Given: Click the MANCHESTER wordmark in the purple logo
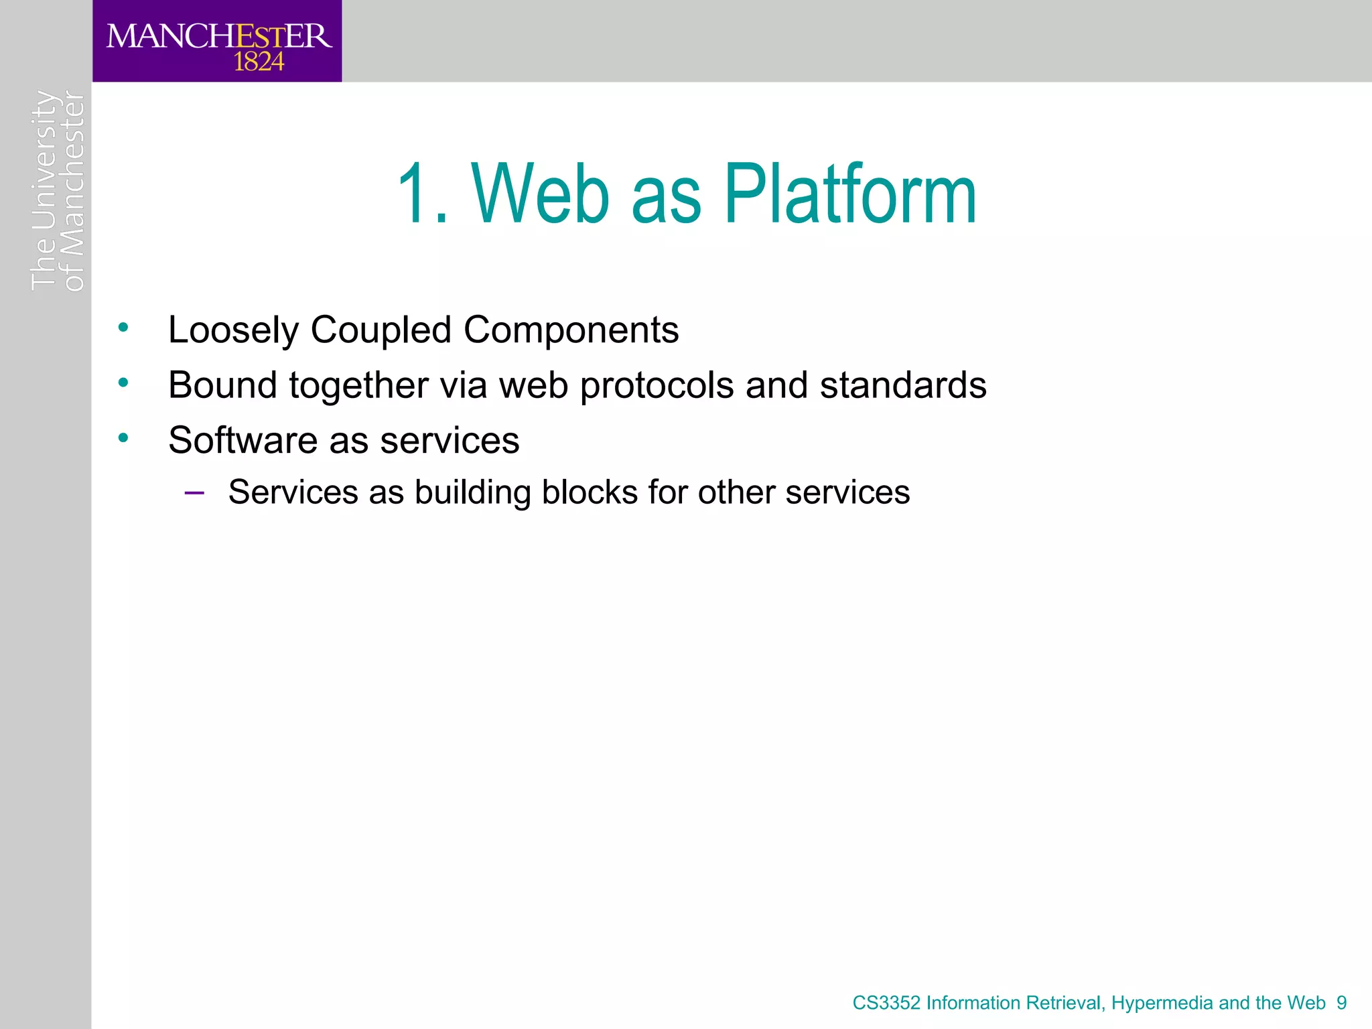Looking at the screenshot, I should (218, 36).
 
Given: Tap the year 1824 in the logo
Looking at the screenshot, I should (259, 62).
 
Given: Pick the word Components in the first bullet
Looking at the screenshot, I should (571, 330).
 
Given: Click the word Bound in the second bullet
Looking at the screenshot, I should (222, 385).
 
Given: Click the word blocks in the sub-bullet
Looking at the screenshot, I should (590, 492).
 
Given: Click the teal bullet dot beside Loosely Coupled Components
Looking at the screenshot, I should (123, 328).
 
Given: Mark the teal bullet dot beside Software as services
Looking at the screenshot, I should (123, 438).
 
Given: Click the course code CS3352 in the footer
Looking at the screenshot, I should (886, 1003).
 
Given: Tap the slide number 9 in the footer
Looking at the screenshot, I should (1341, 1003).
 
